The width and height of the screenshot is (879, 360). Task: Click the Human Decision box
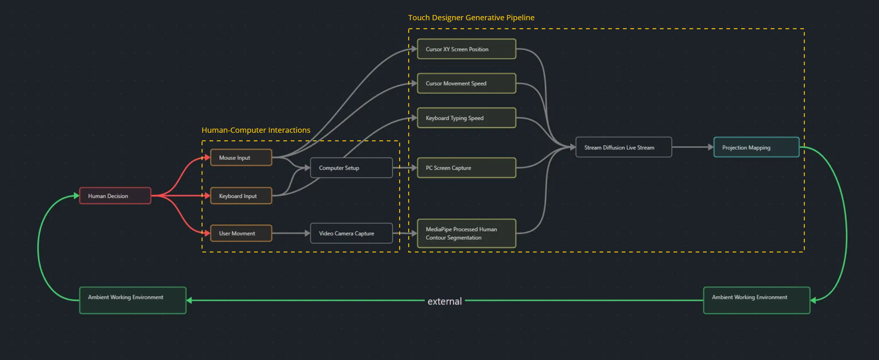115,196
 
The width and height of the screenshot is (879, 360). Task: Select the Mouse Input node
241,157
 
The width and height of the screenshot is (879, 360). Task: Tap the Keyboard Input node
241,196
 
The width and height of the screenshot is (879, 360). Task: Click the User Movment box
241,233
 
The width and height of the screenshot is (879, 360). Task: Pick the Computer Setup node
351,168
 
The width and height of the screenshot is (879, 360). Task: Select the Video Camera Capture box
351,233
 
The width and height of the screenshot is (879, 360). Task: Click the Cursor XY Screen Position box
466,49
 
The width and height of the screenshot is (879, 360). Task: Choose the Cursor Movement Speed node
466,83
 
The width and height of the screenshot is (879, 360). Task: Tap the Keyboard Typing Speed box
466,118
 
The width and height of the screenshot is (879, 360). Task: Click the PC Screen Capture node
466,168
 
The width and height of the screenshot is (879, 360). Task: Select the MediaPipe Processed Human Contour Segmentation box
466,233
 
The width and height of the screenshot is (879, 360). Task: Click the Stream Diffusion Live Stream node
624,147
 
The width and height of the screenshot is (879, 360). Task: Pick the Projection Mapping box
756,147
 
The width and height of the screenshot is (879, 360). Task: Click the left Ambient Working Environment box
132,300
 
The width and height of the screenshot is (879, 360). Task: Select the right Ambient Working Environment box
756,300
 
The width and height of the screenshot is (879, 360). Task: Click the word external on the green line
445,301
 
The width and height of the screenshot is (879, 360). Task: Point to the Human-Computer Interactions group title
256,130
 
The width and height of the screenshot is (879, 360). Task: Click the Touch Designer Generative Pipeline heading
471,18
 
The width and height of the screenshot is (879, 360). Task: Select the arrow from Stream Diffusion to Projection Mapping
692,147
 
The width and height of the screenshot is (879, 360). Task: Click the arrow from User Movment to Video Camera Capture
291,233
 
